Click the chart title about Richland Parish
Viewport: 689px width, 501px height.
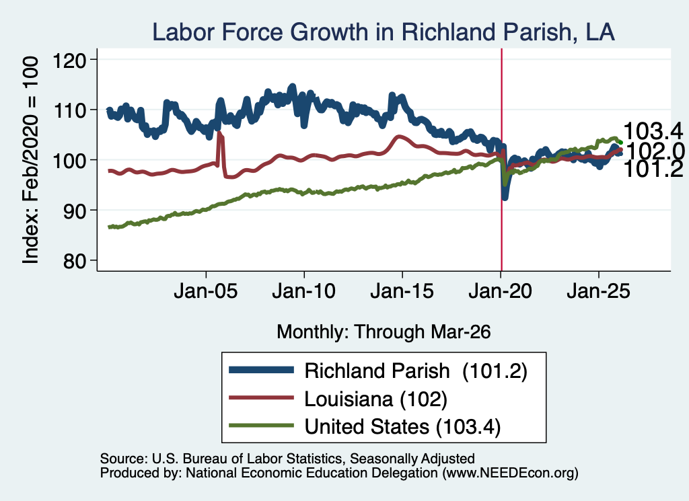[383, 32]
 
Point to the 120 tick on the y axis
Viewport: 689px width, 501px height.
[69, 60]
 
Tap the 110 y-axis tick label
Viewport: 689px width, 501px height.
[69, 110]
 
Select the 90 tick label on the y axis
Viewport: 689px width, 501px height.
[75, 210]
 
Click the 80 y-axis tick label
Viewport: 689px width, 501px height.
[75, 261]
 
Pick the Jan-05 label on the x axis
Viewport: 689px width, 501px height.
[206, 291]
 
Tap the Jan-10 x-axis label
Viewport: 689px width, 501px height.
[303, 291]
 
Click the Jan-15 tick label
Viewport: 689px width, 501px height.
[402, 291]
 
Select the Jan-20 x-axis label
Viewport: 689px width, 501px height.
[500, 291]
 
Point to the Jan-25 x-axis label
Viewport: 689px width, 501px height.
[598, 291]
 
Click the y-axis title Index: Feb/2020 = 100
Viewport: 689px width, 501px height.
[31, 160]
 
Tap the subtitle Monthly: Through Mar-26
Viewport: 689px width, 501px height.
[384, 332]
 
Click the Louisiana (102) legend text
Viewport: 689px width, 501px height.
[375, 399]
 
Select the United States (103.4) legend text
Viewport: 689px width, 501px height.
[402, 427]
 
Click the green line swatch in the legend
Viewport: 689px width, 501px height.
[261, 426]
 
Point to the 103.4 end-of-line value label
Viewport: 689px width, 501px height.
[653, 131]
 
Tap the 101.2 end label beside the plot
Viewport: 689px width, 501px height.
[653, 169]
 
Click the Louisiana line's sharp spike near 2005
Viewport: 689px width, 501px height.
[219, 132]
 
